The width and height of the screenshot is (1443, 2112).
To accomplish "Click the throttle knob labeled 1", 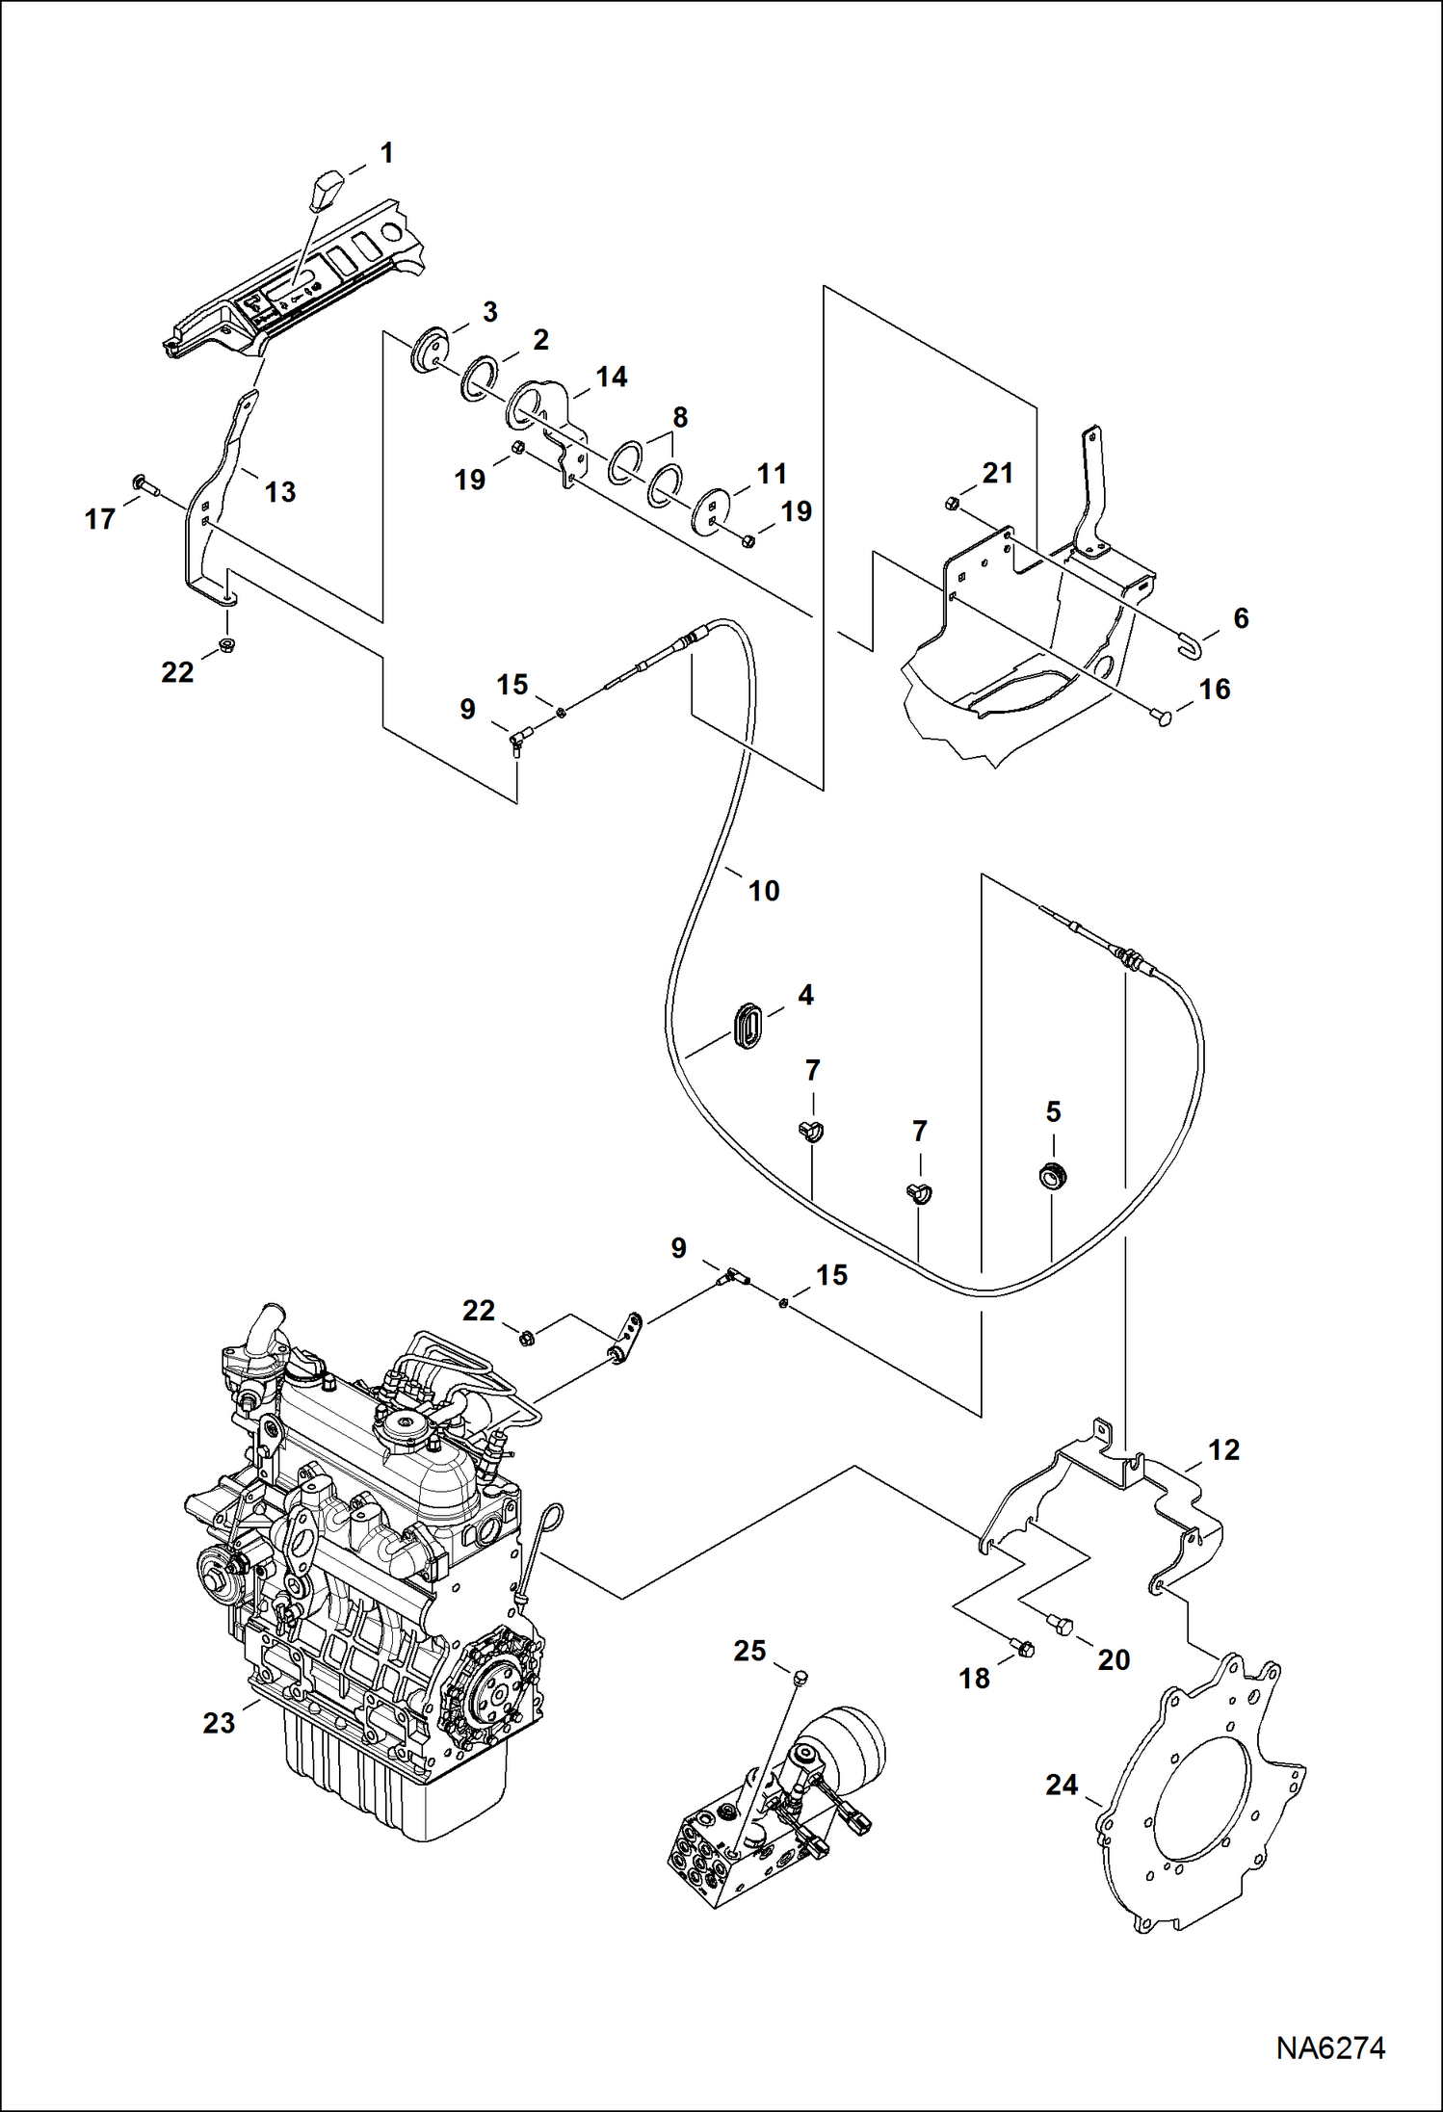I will tap(328, 191).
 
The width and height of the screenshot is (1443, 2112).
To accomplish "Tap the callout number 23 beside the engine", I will tap(219, 1723).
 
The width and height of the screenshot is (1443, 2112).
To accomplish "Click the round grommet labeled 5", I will tap(1055, 1175).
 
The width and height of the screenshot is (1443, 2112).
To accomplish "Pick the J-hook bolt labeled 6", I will tap(1191, 645).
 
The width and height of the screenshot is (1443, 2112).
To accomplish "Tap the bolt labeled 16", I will tap(1163, 717).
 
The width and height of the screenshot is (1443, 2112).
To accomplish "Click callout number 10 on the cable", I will tap(764, 891).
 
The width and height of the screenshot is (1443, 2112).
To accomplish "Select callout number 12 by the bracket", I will tap(1223, 1449).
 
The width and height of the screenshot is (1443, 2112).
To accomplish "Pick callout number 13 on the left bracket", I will tap(280, 492).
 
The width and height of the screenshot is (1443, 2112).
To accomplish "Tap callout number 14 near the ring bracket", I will tap(612, 377).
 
